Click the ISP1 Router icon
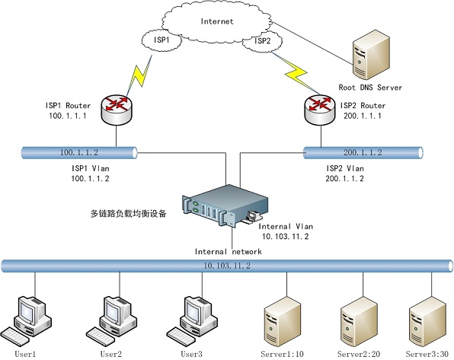coord(117,110)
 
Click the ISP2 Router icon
coord(320,110)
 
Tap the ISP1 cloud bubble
coord(161,40)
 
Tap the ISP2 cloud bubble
coord(262,41)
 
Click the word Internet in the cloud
coord(217,21)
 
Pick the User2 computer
coord(111,320)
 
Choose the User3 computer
coord(192,320)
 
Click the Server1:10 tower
coord(283,321)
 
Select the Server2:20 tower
coord(360,321)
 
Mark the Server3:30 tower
coord(428,321)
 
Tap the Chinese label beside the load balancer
coord(129,214)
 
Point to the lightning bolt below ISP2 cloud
coord(296,73)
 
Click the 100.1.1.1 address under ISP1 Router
coord(68,116)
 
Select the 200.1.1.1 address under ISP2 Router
coord(363,116)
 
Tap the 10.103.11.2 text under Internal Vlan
coord(286,237)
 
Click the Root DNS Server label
coord(370,88)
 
